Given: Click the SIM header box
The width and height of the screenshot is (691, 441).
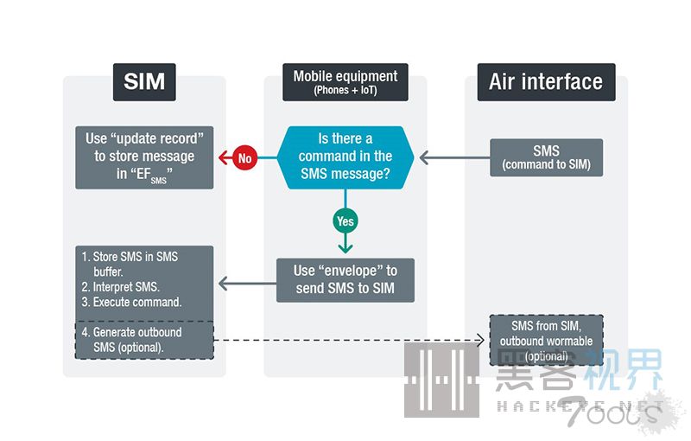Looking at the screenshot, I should [144, 82].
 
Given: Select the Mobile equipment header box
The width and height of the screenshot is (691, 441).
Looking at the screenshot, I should [345, 81].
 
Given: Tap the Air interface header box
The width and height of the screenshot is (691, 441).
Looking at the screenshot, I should [546, 82].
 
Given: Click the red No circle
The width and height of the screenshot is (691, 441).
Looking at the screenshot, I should [244, 158].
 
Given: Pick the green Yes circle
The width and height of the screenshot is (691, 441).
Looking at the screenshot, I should [345, 221].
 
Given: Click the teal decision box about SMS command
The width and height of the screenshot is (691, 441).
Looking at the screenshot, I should [345, 157].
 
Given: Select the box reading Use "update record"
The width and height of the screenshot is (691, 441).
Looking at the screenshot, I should [143, 157].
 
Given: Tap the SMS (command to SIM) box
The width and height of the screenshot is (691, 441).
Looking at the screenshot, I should [546, 157].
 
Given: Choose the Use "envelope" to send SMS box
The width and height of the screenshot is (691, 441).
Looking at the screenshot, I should [345, 280].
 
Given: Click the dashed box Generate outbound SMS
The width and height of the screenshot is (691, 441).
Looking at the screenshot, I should [143, 340].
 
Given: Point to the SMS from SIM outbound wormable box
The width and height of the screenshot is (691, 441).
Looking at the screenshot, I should [546, 340].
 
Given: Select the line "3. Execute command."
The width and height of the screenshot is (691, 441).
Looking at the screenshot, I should [130, 302].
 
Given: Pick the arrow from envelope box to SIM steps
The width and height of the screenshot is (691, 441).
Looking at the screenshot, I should [247, 281].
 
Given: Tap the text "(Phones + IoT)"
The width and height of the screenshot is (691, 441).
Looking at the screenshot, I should [345, 90].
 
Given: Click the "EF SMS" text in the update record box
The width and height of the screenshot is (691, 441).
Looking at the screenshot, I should [147, 173].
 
